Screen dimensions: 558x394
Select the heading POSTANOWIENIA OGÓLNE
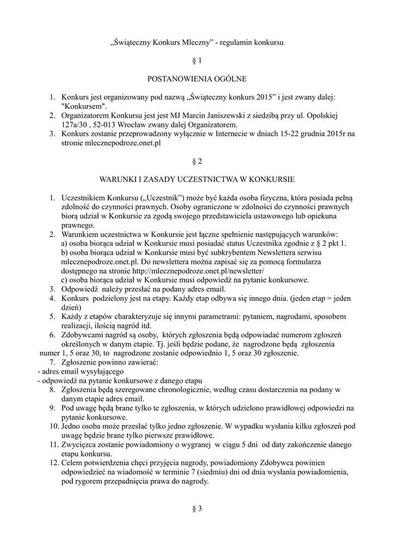[x=197, y=79]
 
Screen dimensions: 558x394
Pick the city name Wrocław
[x=136, y=125]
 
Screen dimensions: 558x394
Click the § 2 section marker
[x=197, y=161]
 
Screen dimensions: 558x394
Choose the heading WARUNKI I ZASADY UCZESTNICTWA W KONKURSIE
[x=197, y=179]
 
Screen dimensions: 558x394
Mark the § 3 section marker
[x=197, y=509]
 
